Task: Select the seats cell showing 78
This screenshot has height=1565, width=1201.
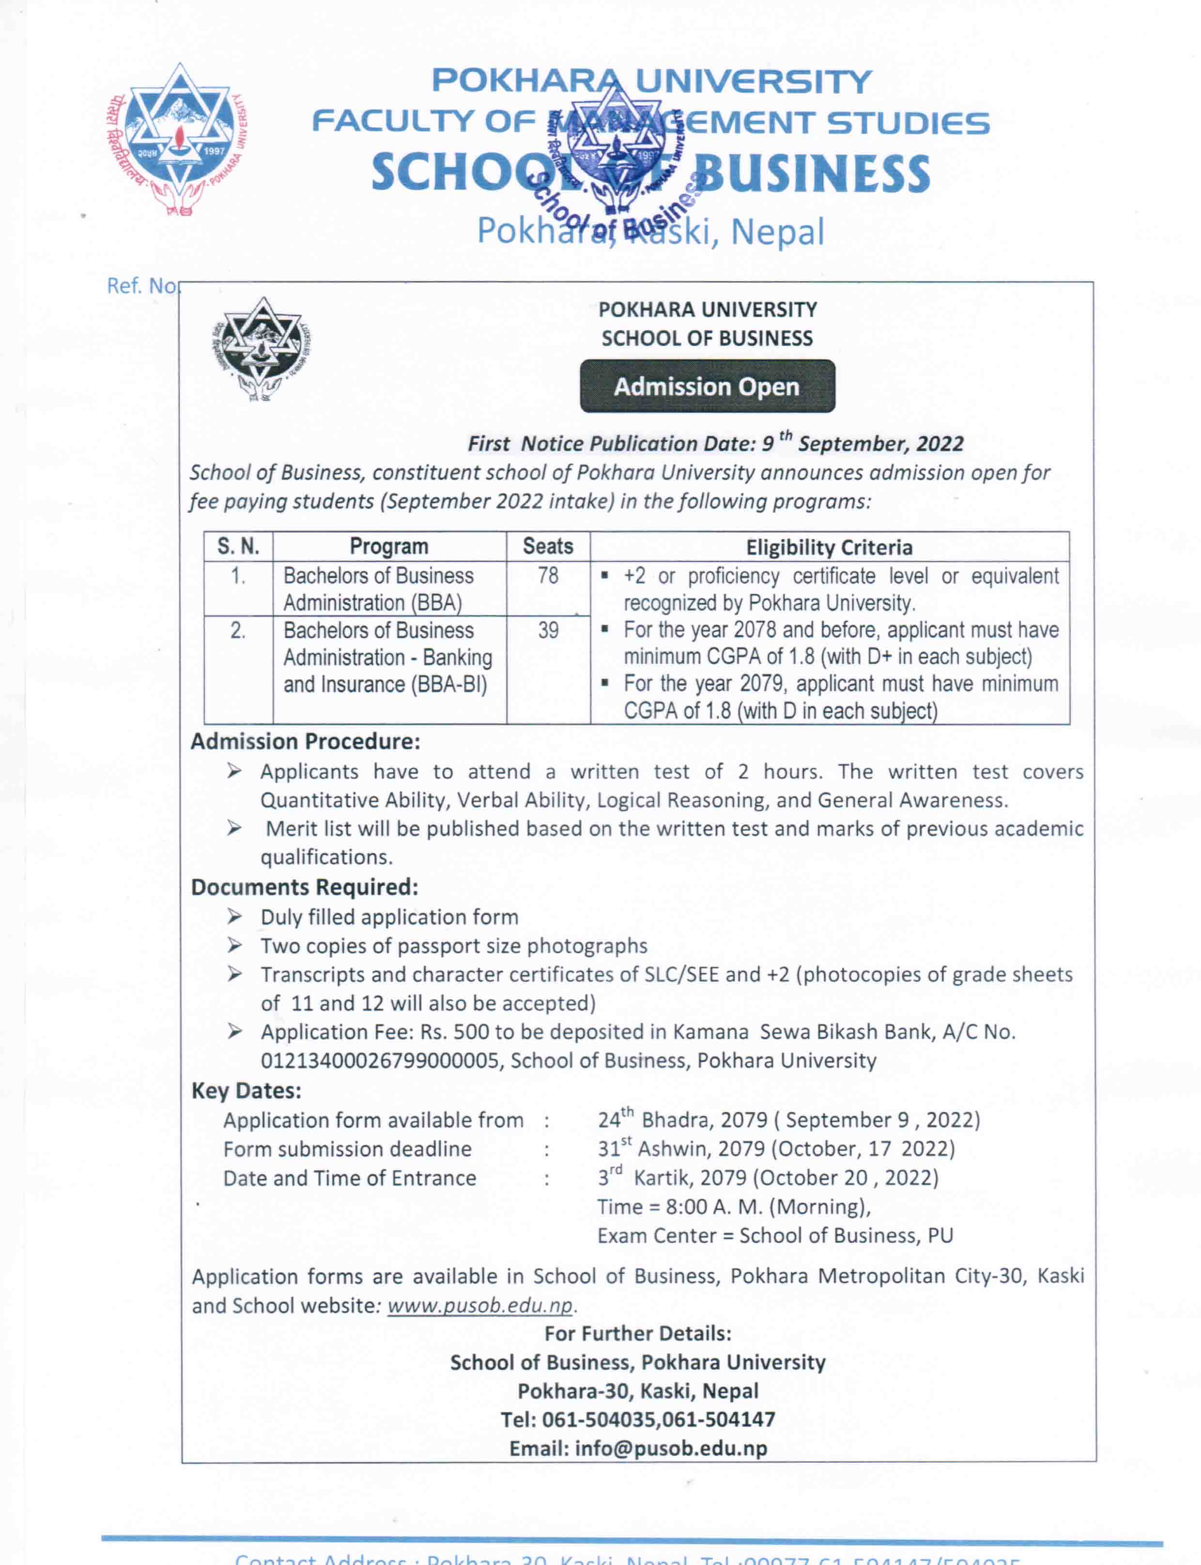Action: pyautogui.click(x=548, y=576)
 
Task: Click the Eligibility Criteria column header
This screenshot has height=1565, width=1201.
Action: pyautogui.click(x=829, y=547)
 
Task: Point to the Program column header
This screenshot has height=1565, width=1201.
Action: pyautogui.click(x=389, y=546)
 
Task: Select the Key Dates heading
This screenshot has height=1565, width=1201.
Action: pyautogui.click(x=246, y=1091)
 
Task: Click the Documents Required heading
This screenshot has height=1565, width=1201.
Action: pyautogui.click(x=305, y=887)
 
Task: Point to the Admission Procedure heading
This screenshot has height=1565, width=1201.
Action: pyautogui.click(x=305, y=742)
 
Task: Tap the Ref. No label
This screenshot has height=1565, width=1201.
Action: pyautogui.click(x=141, y=286)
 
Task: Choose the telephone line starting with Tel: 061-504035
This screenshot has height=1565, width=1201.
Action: pyautogui.click(x=638, y=1420)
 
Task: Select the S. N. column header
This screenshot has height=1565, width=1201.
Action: pyautogui.click(x=238, y=546)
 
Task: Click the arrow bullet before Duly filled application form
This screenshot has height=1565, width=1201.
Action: pyautogui.click(x=234, y=917)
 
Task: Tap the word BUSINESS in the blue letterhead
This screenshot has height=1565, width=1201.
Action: pyautogui.click(x=812, y=174)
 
